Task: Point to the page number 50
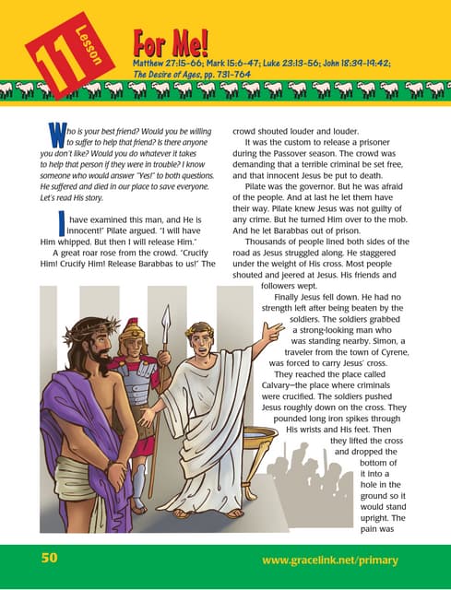[x=49, y=559]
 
